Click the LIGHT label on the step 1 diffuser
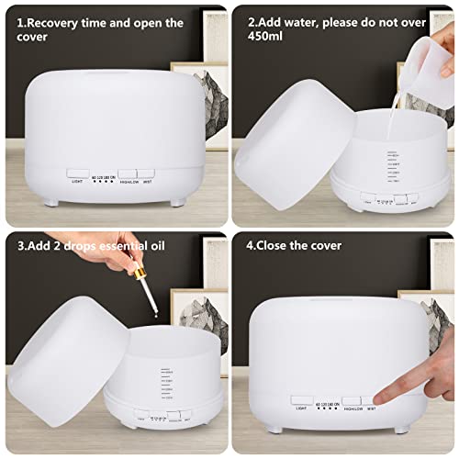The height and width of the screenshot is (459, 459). click(x=77, y=181)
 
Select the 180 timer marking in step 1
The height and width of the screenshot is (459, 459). click(x=114, y=168)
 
